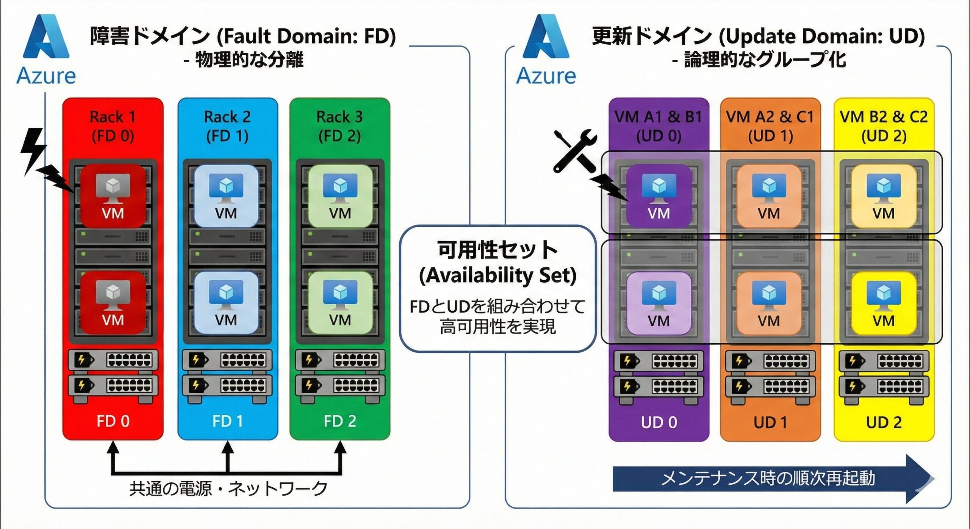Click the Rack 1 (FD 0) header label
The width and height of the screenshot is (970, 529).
pyautogui.click(x=113, y=126)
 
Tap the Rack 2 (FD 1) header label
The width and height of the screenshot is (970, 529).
pyautogui.click(x=227, y=126)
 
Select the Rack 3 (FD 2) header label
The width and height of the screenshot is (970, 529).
pyautogui.click(x=339, y=126)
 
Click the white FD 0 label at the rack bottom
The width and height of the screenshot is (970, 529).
pyautogui.click(x=113, y=421)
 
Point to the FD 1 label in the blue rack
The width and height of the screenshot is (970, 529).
pyautogui.click(x=227, y=421)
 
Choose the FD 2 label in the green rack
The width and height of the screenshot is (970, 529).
pyautogui.click(x=340, y=421)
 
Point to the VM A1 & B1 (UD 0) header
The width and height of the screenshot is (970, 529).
pyautogui.click(x=659, y=126)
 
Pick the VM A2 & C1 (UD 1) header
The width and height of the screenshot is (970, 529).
pyautogui.click(x=770, y=126)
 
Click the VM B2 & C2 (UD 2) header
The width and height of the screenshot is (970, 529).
pyautogui.click(x=884, y=126)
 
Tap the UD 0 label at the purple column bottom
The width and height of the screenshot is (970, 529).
pyautogui.click(x=659, y=422)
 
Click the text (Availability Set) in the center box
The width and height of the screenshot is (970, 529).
pyautogui.click(x=498, y=275)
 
